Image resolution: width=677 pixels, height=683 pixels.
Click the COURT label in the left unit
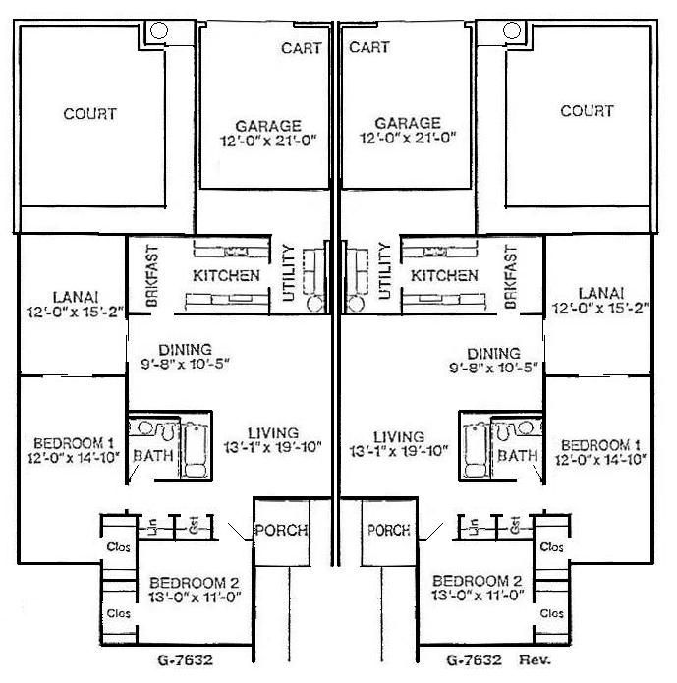coord(89,114)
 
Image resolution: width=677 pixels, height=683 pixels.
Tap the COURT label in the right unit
coord(587,111)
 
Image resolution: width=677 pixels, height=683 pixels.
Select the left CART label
coord(301,48)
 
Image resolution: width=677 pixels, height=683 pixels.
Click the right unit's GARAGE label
coord(407,124)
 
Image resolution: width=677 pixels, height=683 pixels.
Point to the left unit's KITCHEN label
coord(226,276)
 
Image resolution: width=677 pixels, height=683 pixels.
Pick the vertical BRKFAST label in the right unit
coord(510,277)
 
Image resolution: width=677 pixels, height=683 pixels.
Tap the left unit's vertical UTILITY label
coord(288,270)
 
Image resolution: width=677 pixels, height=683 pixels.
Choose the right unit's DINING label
coord(493,354)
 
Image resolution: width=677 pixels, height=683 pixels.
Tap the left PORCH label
coord(281,530)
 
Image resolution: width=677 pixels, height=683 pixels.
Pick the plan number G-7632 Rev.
coord(493,660)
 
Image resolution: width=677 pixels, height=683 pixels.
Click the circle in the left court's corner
coord(158,29)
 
